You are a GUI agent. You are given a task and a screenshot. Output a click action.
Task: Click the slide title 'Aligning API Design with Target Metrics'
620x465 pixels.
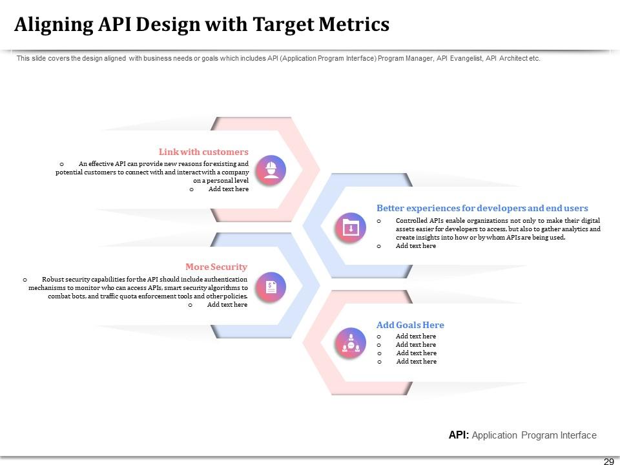coord(201,25)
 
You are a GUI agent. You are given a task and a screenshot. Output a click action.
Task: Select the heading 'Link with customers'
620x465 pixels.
coord(203,152)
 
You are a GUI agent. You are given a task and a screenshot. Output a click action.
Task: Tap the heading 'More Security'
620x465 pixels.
coord(216,267)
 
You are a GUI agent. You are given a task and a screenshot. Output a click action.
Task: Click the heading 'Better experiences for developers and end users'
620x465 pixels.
coord(482,208)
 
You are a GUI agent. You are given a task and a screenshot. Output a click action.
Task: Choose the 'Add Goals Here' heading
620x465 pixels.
coord(410,325)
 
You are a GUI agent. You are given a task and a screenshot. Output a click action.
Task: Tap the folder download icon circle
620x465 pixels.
coord(350,228)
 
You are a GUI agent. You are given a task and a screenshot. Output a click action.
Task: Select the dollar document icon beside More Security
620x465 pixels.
coord(271,287)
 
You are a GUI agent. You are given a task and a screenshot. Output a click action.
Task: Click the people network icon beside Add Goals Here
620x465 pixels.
coord(350,344)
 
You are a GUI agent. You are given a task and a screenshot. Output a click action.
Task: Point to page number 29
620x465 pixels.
coord(608,461)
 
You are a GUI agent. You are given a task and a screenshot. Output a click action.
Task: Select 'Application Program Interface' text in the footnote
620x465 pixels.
coord(534,435)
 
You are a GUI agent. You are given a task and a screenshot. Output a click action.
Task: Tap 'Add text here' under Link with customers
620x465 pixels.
coord(228,189)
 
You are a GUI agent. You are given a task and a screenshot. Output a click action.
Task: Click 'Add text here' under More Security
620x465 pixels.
coord(227,305)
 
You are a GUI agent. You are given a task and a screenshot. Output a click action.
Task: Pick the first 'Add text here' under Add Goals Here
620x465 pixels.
coord(415,336)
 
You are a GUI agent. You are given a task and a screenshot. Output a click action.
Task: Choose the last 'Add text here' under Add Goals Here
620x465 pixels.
coord(416,362)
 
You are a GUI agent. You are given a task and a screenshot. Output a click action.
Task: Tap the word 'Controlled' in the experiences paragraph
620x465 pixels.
coord(411,220)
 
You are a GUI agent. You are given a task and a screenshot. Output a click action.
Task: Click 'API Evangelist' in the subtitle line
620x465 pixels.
coord(459,58)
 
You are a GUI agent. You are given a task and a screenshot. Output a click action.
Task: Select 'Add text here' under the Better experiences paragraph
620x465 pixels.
coord(415,246)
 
